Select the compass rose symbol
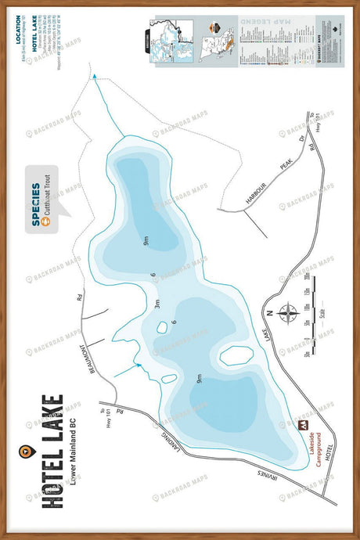(287, 315)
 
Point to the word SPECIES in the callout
(36, 204)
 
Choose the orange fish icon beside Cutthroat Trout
(47, 222)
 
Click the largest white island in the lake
(235, 356)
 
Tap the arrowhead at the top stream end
(95, 77)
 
